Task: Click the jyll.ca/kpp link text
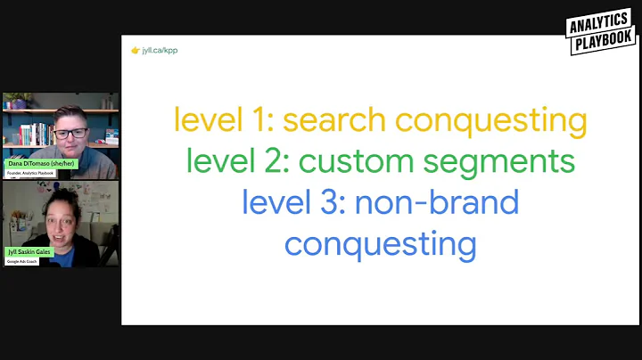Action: [x=160, y=50]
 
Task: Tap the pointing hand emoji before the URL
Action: [x=136, y=50]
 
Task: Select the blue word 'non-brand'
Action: [x=437, y=202]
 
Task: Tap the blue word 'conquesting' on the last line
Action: [x=380, y=243]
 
